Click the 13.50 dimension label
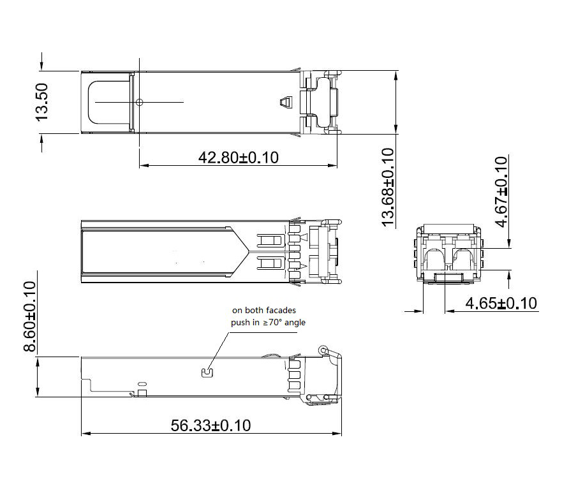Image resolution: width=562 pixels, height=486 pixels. click(42, 102)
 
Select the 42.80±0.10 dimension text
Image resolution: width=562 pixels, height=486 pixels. click(239, 158)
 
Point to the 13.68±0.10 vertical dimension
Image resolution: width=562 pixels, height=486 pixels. click(388, 187)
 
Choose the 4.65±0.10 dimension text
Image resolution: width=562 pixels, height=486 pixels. click(501, 303)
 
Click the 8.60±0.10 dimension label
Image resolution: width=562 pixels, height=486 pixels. click(30, 316)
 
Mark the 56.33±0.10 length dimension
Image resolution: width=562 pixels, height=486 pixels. click(211, 425)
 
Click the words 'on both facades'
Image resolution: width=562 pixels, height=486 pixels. click(264, 310)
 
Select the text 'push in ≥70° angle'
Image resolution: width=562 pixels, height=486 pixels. click(268, 322)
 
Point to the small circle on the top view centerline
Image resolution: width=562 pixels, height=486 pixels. click(140, 102)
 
